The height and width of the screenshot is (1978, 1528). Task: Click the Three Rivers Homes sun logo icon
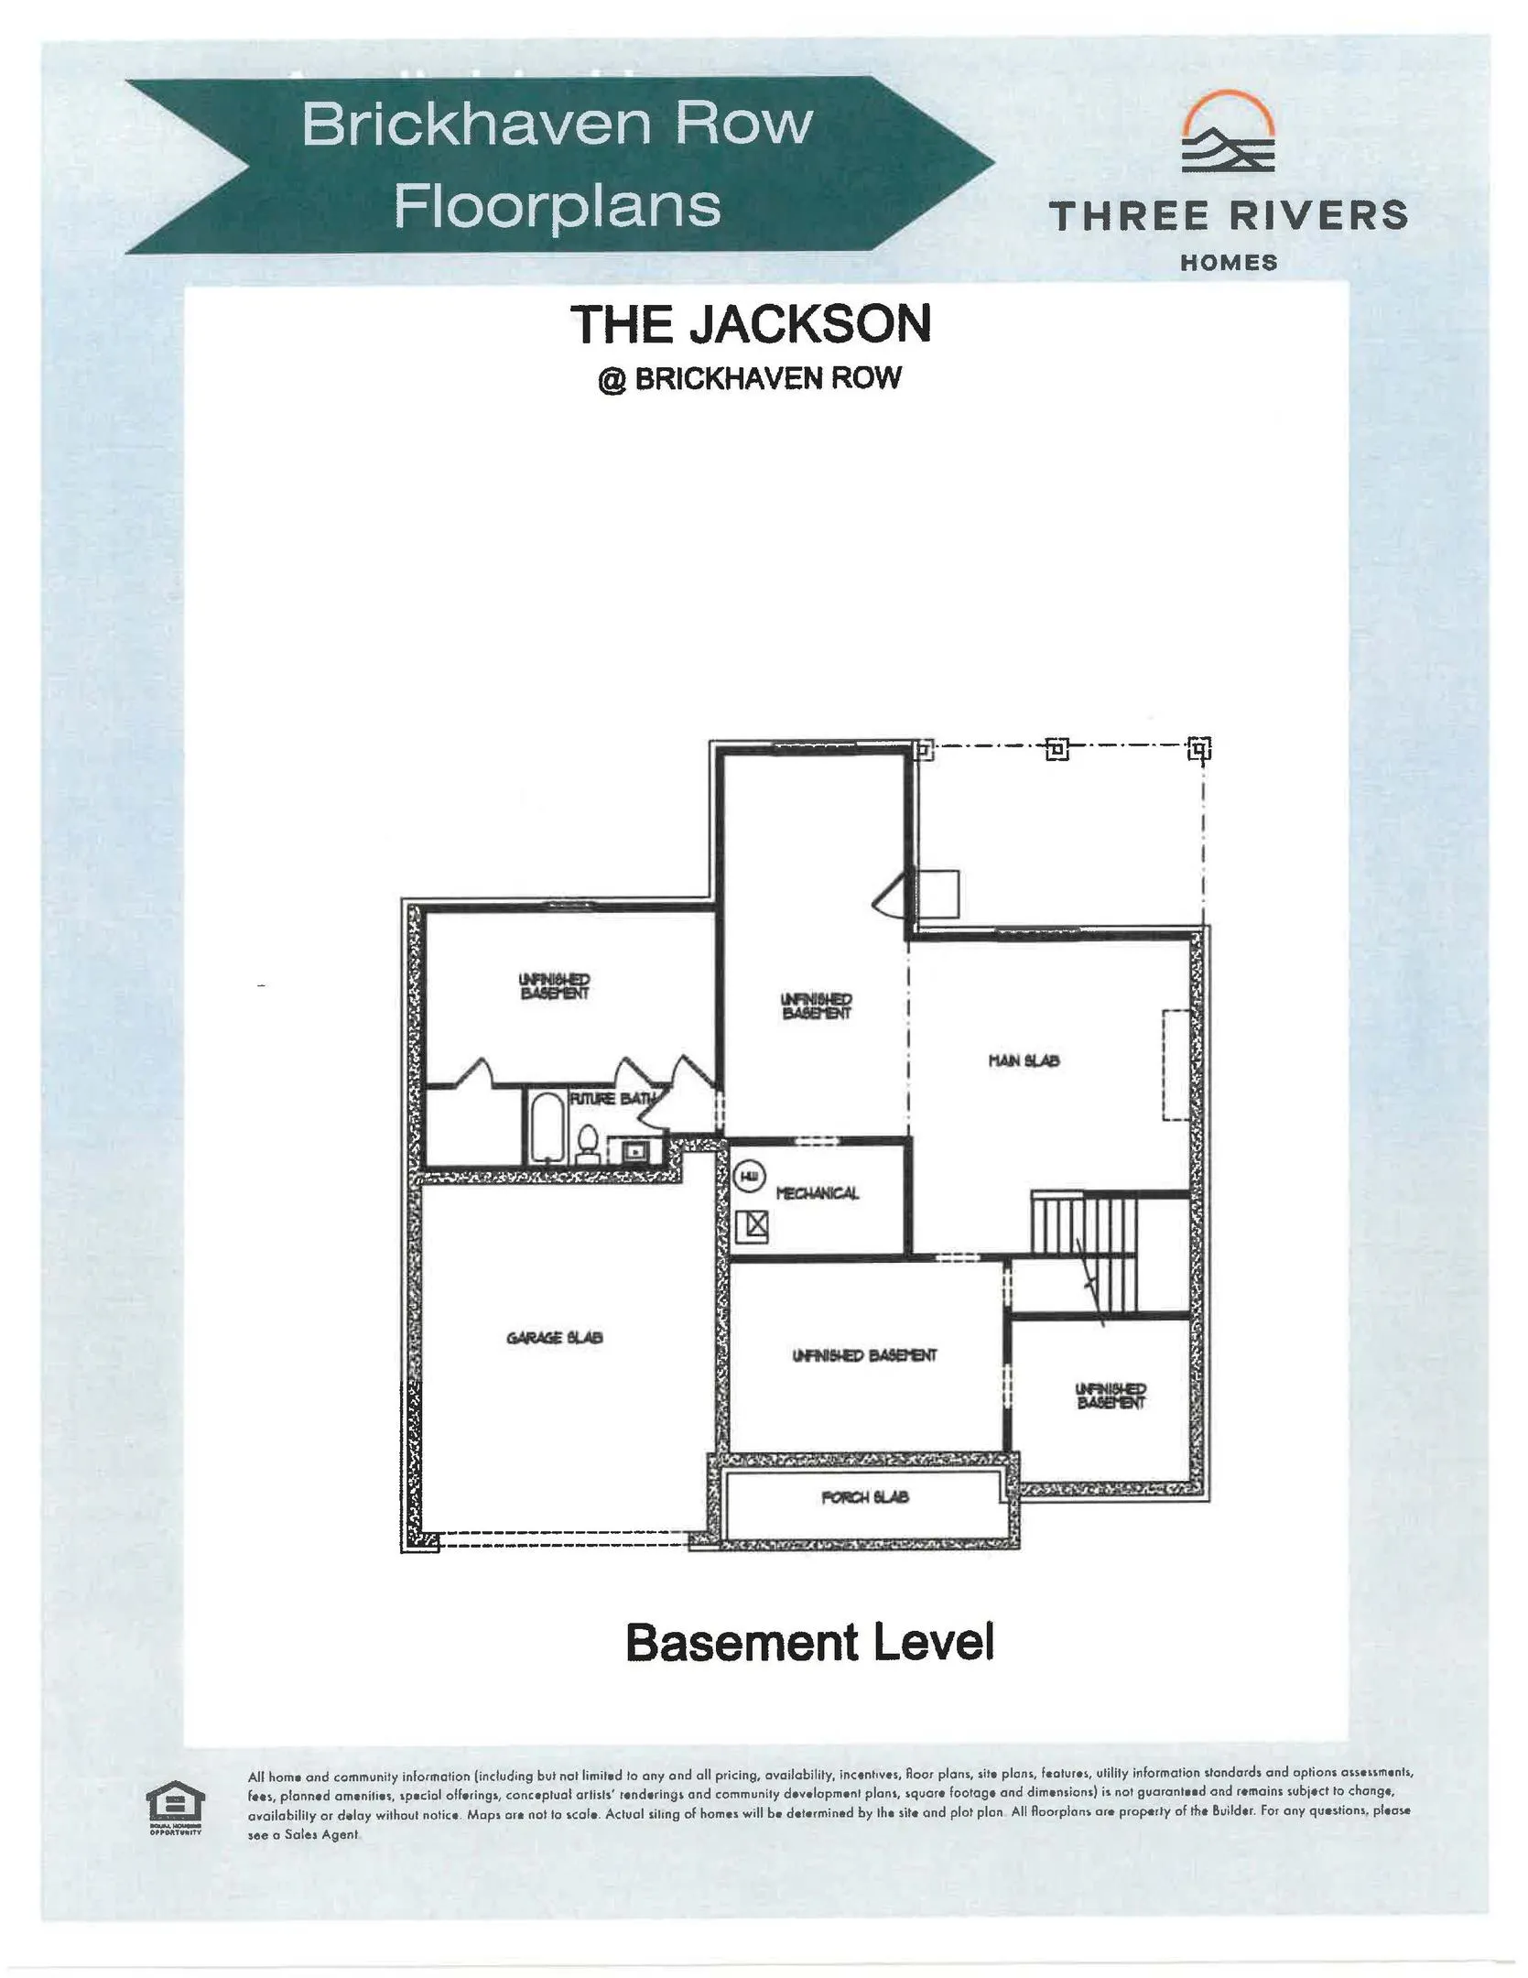(1228, 138)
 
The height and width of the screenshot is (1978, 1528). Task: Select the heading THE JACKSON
(750, 324)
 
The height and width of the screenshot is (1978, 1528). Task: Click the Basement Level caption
(809, 1642)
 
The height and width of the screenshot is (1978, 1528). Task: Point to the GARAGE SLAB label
(554, 1338)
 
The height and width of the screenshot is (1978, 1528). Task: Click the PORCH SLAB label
(864, 1497)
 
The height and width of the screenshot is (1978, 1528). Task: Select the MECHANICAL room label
(817, 1192)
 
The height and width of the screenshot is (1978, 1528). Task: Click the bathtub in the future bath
(546, 1125)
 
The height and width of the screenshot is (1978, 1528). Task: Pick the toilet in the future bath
(588, 1145)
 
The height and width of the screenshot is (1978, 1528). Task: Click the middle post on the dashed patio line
(1057, 750)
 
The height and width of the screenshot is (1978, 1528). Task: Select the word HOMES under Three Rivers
(1228, 263)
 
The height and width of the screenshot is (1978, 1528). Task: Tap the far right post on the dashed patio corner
(1199, 750)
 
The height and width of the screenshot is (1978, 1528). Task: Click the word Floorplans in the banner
(557, 205)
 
